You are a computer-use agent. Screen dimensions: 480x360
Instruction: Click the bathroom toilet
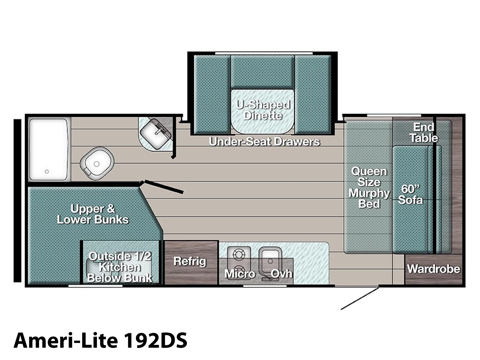point(97,163)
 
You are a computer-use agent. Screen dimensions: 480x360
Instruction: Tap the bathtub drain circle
point(46,172)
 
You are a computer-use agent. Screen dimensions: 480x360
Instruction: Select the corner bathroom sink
point(155,134)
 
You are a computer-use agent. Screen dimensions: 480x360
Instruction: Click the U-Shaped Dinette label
point(263,110)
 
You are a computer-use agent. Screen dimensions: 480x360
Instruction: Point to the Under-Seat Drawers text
point(264,142)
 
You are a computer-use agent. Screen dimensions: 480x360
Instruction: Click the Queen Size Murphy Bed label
point(369,187)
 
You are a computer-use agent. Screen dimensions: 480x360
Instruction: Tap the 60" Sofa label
point(410,194)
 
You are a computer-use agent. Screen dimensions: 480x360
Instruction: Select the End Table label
point(424,133)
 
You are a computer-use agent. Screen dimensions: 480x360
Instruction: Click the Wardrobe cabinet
point(433,269)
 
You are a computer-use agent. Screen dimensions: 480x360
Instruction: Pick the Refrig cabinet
point(191,262)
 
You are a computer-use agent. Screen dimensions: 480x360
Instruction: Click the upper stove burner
point(239,254)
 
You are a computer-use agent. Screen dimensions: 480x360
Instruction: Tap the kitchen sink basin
point(270,260)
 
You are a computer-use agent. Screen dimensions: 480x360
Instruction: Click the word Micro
point(240,274)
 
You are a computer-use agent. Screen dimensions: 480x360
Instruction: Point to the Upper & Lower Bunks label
point(93,214)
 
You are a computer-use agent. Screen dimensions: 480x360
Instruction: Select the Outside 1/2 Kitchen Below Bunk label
point(120,267)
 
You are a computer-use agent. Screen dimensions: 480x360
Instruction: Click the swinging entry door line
point(360,298)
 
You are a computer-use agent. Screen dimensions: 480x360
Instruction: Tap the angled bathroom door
point(164,187)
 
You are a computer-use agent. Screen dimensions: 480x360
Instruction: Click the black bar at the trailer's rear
point(17,201)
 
